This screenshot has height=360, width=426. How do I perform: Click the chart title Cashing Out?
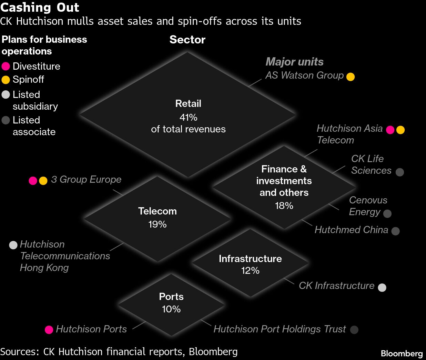40,7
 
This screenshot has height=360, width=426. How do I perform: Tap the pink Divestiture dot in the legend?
6,66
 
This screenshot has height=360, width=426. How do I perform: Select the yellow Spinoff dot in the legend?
6,80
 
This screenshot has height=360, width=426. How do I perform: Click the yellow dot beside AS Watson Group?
350,77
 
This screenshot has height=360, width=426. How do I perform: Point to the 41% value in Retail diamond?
188,117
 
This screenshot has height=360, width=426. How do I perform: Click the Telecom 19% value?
157,224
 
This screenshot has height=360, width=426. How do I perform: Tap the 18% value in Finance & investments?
284,206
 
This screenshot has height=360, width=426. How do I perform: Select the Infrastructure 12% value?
250,270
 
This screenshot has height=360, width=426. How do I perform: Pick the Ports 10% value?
171,309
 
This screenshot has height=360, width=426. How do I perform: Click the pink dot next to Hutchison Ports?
49,330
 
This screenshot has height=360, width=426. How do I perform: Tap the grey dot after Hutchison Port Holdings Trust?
354,330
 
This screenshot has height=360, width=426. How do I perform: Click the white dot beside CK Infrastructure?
382,287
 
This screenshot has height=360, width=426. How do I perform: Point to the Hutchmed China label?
351,230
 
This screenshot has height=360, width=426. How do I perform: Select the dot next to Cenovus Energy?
387,213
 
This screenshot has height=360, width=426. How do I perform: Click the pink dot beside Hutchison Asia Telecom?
390,130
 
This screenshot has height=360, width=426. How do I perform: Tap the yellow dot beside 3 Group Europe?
43,181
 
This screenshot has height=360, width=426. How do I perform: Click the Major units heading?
294,62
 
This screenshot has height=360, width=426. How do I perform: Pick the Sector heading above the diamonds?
187,40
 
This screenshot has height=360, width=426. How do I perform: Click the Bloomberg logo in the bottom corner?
402,353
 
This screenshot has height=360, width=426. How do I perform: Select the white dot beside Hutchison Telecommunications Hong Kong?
13,245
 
